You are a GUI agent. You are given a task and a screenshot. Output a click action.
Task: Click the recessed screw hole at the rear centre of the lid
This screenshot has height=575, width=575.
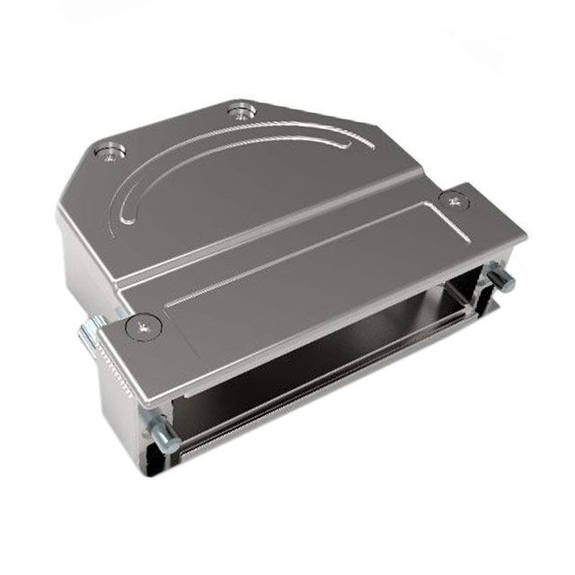tap(241, 111)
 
